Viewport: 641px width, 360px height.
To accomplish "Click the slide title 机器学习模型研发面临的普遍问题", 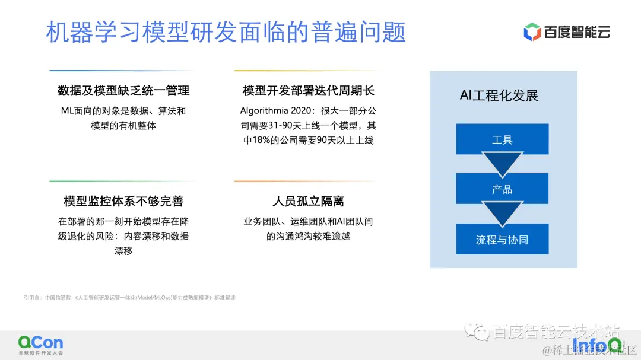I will pyautogui.click(x=226, y=32).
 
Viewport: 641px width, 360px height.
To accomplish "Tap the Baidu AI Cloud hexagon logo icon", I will pyautogui.click(x=532, y=32).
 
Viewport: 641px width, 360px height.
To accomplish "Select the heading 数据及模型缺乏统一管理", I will pyautogui.click(x=123, y=91).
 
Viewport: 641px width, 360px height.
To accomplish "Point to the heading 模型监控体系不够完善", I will pyautogui.click(x=123, y=201).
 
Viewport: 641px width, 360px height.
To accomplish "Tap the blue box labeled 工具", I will pyautogui.click(x=502, y=139).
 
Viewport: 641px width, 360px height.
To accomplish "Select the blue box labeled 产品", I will pyautogui.click(x=502, y=189).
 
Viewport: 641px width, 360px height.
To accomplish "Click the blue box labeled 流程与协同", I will pyautogui.click(x=502, y=240).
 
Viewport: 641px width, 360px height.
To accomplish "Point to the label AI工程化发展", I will pyautogui.click(x=499, y=95).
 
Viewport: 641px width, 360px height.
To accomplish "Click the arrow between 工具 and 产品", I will pyautogui.click(x=502, y=164).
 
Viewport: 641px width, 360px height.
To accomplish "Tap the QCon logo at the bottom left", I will pyautogui.click(x=40, y=343).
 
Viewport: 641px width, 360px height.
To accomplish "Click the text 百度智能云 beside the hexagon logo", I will pyautogui.click(x=577, y=33).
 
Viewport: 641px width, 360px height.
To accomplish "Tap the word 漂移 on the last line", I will pyautogui.click(x=123, y=251).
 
